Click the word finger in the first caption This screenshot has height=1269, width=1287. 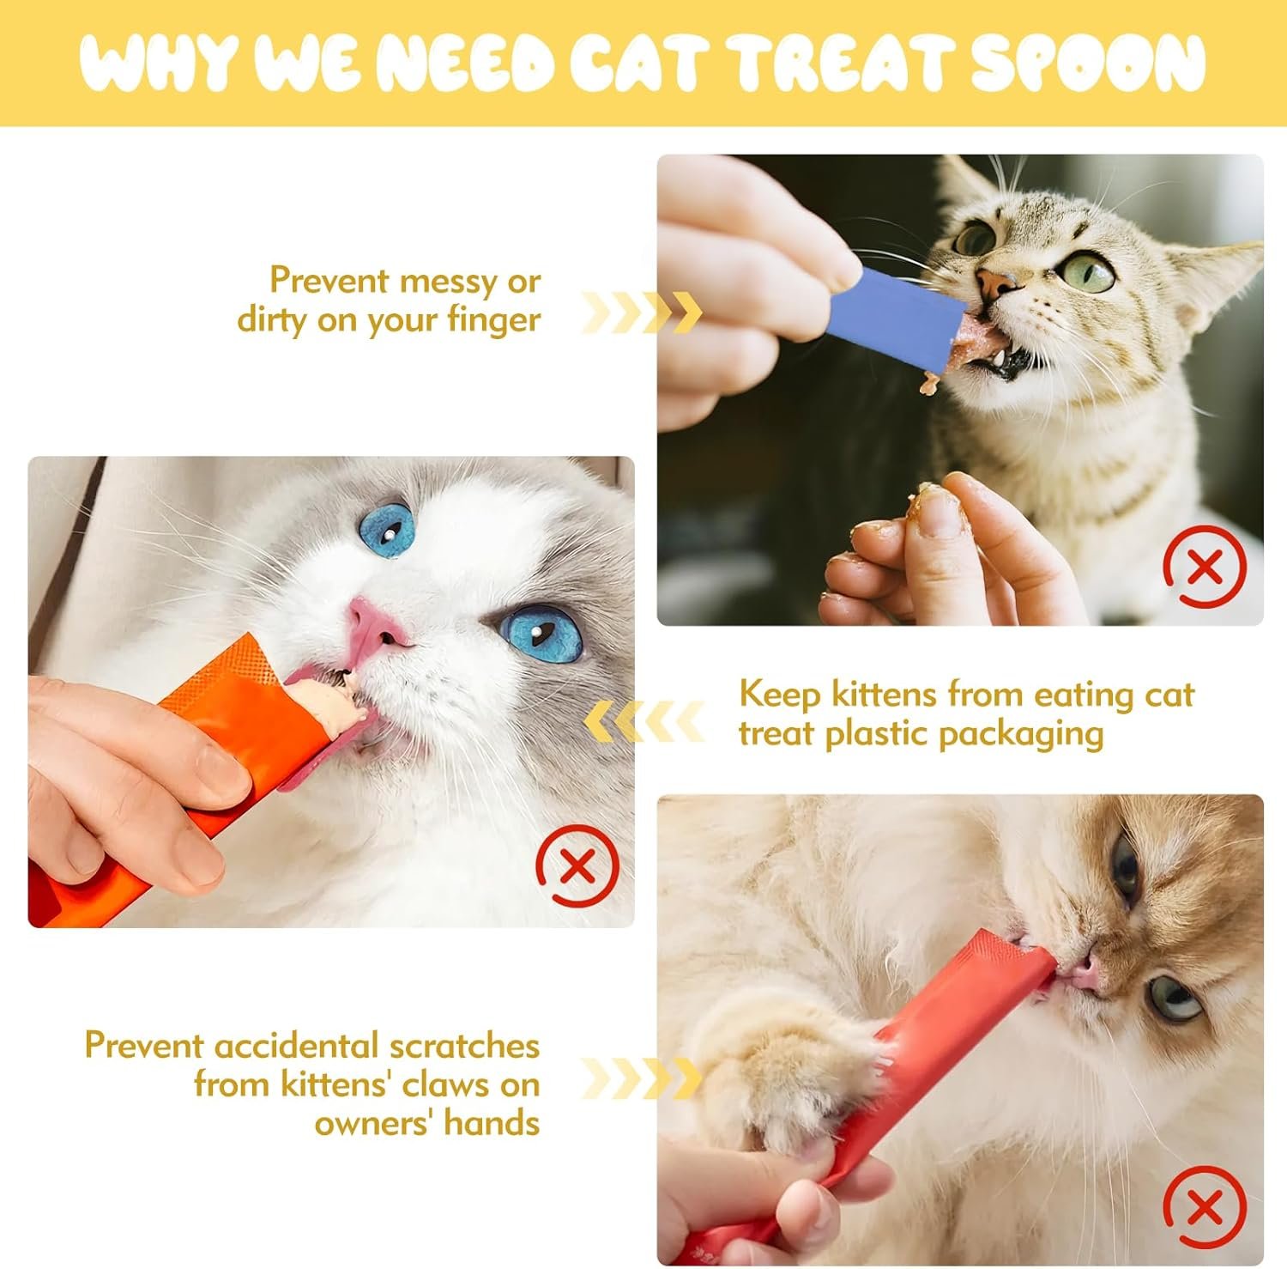coord(493,320)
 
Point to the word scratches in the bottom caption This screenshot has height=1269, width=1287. coord(464,1046)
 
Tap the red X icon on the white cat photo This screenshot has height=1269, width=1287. coord(577,865)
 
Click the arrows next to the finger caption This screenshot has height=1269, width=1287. coord(641,312)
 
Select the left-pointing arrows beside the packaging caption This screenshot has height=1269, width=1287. coord(643,721)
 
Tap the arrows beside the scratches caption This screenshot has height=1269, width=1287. coord(641,1078)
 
